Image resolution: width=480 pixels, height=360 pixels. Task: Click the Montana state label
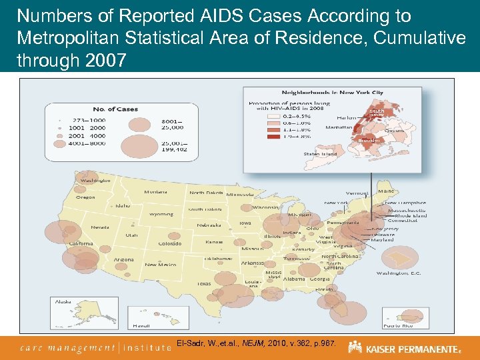(x=155, y=192)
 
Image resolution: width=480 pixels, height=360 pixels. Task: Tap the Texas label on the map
(x=203, y=283)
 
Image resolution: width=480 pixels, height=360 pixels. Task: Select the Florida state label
(x=324, y=290)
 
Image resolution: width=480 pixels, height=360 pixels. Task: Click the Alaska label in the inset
(x=63, y=302)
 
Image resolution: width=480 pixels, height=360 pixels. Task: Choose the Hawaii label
(x=141, y=325)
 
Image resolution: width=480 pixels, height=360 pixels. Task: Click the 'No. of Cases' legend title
(x=115, y=109)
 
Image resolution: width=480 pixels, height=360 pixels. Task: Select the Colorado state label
(x=170, y=243)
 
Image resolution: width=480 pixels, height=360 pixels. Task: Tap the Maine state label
(x=385, y=191)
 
